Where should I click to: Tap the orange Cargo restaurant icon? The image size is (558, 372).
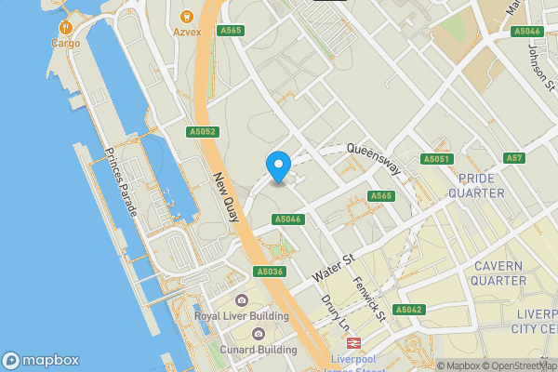(65, 29)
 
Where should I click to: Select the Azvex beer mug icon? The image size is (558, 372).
(186, 16)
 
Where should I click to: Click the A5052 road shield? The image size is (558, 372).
(202, 132)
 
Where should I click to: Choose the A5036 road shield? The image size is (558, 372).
(269, 272)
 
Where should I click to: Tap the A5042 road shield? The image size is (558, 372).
(409, 310)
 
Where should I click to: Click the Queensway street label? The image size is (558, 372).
(374, 159)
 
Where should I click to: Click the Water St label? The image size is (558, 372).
(335, 266)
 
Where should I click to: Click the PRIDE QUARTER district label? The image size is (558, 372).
(476, 185)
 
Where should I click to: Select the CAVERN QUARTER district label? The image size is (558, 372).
(498, 273)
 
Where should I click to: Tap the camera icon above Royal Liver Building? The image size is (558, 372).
(242, 299)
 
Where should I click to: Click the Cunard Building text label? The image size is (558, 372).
(259, 350)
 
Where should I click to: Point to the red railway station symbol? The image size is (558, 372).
(353, 342)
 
